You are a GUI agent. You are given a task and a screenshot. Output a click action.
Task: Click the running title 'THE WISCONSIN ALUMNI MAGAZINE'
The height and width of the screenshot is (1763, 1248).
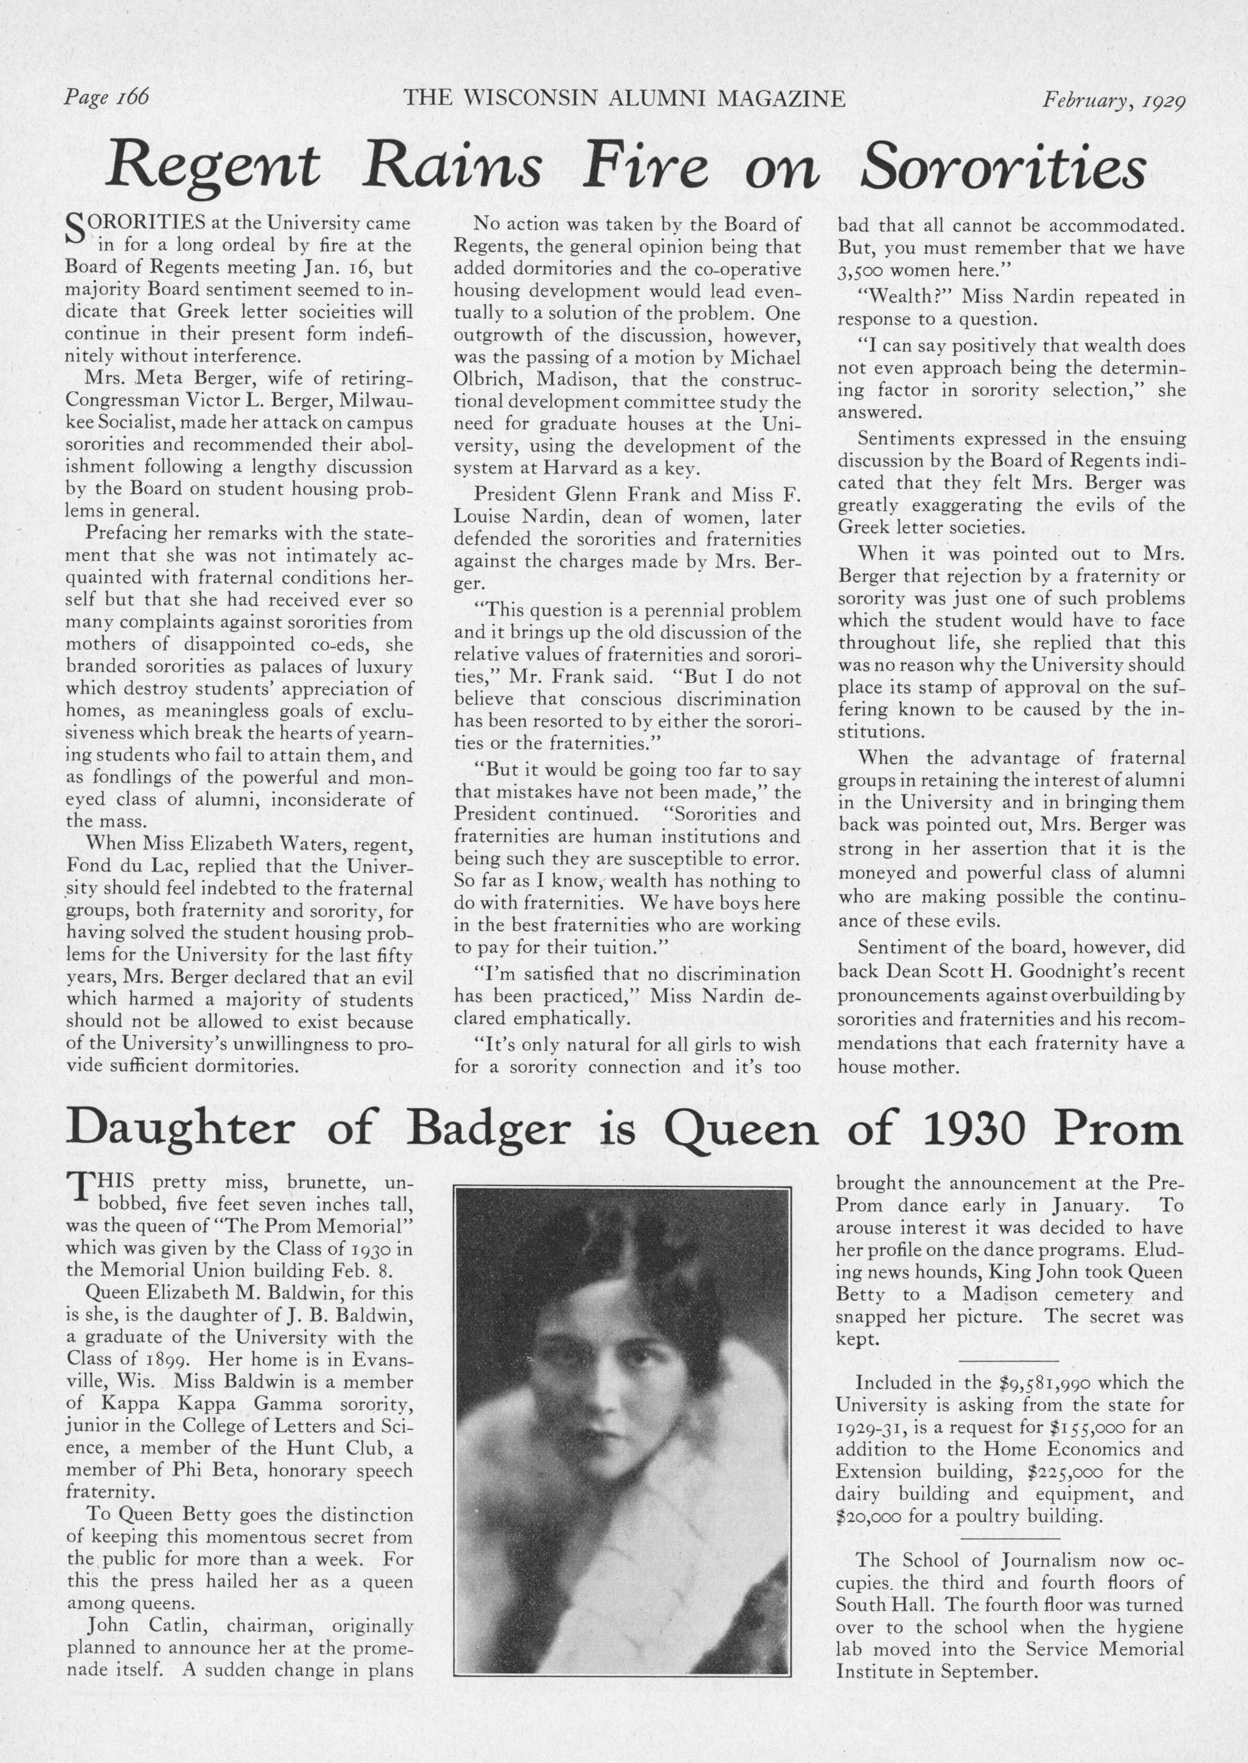point(624,98)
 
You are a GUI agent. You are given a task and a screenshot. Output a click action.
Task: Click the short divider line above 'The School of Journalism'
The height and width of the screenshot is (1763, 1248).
point(1010,1517)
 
